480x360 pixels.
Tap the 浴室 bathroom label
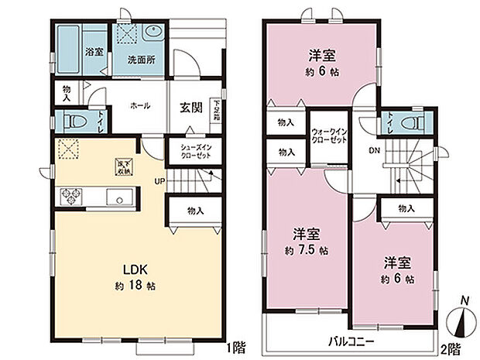pyautogui.click(x=93, y=51)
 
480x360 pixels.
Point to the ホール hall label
pyautogui.click(x=140, y=106)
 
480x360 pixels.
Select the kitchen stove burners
pyautogui.click(x=69, y=194)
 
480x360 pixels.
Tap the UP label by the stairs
pyautogui.click(x=161, y=181)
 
